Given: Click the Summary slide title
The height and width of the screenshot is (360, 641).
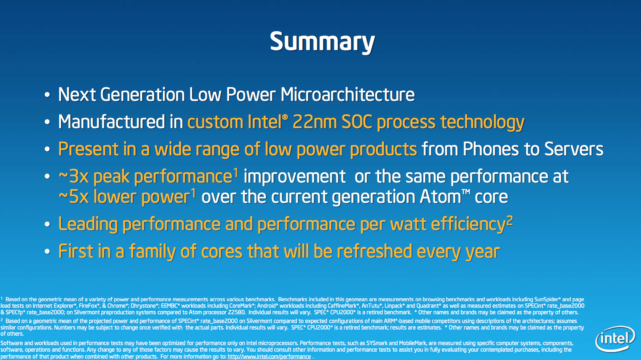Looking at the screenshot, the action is click(322, 42).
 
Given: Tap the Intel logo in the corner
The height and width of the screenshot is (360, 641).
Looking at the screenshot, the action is click(615, 339).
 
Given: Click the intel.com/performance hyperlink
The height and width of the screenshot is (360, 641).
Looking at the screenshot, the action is click(269, 357).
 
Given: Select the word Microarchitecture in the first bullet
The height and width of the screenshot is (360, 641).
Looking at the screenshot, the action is click(347, 95).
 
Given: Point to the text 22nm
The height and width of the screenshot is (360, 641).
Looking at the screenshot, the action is click(315, 122).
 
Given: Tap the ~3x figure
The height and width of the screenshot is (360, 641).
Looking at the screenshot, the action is click(74, 177).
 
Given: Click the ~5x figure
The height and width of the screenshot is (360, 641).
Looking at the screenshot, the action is click(74, 197).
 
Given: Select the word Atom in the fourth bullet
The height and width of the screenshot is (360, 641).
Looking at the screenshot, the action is click(440, 197).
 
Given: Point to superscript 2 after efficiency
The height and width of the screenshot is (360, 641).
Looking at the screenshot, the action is click(510, 220).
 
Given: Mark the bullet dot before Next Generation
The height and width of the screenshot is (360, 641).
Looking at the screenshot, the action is click(47, 95).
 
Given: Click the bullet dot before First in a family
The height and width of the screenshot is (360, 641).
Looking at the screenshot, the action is click(47, 252).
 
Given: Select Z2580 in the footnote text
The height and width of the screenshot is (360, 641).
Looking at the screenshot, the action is click(237, 312).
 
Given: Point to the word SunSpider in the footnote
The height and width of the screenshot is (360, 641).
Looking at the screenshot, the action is click(546, 299).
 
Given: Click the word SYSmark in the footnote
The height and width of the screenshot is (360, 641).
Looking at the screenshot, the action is click(377, 343).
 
